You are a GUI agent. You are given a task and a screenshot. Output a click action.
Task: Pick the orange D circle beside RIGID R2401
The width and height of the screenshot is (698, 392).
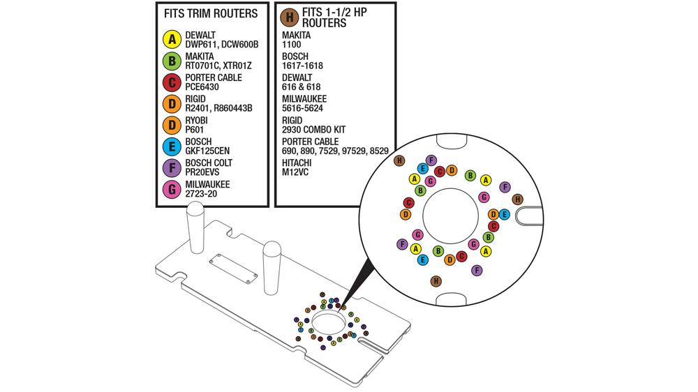171,103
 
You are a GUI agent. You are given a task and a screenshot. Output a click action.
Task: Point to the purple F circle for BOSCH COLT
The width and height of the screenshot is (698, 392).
171,167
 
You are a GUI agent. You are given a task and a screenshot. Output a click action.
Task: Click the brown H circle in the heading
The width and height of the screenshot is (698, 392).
288,17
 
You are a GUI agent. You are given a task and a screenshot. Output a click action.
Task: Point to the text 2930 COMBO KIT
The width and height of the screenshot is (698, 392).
314,130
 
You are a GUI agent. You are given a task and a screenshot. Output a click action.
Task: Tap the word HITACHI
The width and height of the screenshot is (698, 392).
299,163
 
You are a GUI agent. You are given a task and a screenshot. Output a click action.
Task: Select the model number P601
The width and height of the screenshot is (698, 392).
195,130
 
